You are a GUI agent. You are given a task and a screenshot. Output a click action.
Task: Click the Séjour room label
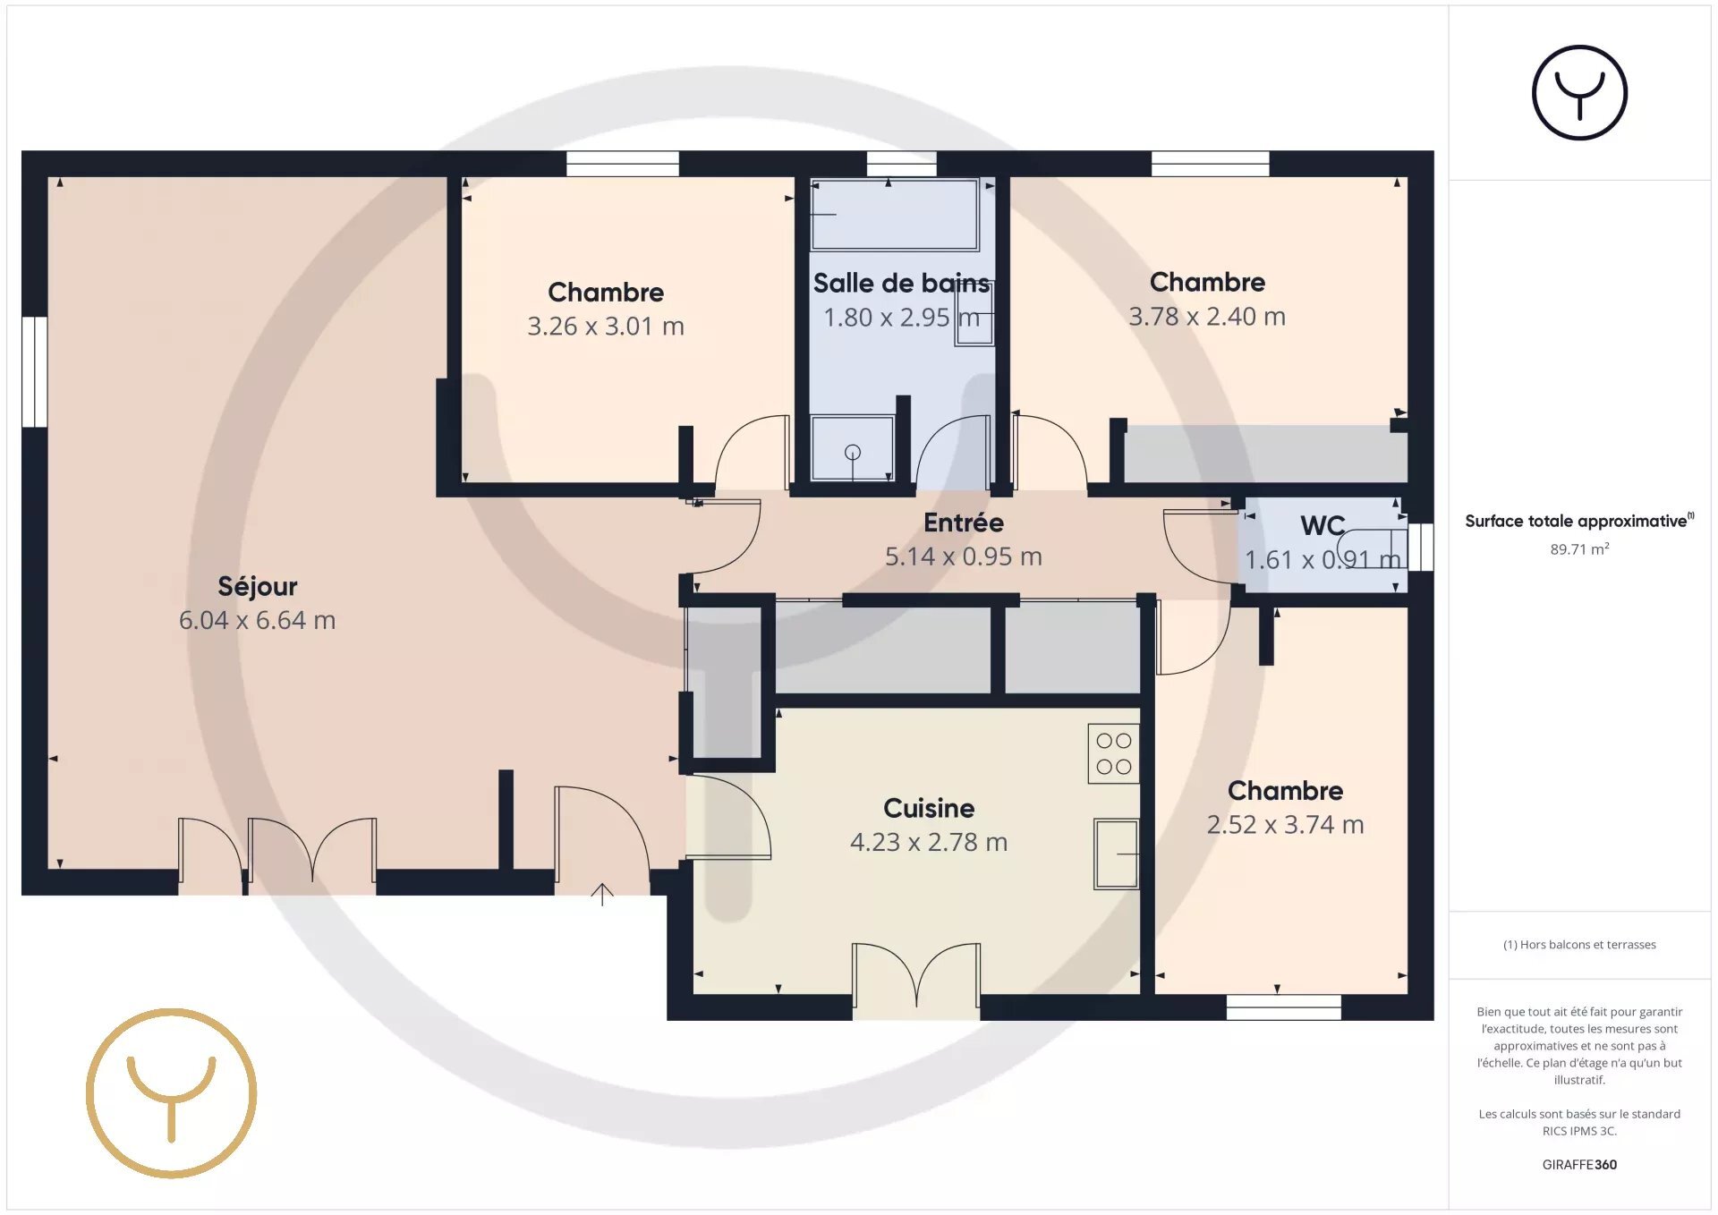point(258,587)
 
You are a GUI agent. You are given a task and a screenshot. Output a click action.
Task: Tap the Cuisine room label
point(929,808)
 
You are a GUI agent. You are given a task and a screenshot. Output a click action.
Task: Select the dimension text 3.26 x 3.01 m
point(606,327)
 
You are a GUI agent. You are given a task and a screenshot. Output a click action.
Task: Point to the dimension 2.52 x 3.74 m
point(1285,825)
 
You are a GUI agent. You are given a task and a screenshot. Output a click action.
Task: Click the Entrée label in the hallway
point(964,523)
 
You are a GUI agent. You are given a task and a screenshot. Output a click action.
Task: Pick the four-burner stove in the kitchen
point(1114,753)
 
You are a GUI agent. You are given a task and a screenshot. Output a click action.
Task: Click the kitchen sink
point(1117,854)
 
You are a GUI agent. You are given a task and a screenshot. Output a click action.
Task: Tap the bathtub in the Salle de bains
point(895,215)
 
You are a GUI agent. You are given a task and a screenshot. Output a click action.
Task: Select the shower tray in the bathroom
point(852,447)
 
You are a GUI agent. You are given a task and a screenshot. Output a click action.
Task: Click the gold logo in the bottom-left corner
point(172,1093)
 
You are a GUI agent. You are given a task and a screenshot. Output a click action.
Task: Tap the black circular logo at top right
point(1579,93)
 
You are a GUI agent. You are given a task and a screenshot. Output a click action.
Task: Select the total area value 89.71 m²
point(1579,549)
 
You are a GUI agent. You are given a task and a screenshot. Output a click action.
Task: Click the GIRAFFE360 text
point(1579,1164)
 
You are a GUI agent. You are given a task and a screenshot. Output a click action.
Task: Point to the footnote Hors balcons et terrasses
point(1587,945)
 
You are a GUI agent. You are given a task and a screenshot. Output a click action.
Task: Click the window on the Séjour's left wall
point(34,371)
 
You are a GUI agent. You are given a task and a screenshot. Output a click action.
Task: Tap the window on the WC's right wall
point(1421,547)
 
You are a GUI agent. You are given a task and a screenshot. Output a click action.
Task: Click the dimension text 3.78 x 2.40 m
point(1207,317)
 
